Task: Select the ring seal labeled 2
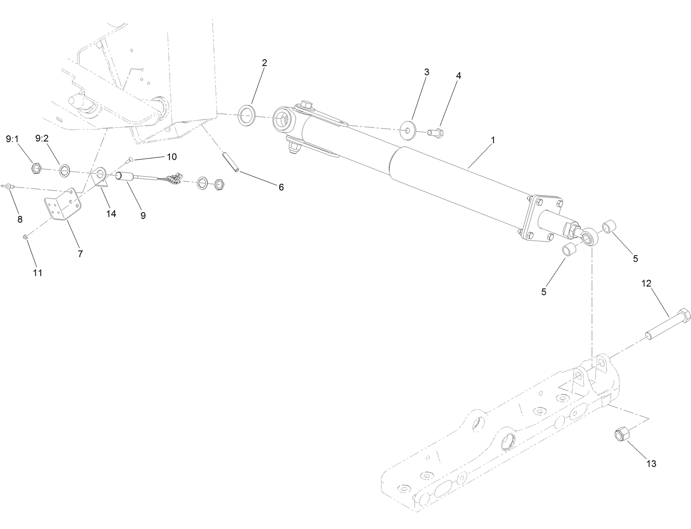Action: point(247,115)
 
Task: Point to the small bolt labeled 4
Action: point(435,132)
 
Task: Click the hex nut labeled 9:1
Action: point(36,169)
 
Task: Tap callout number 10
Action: point(171,157)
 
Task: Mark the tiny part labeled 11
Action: point(25,237)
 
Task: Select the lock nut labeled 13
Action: point(620,434)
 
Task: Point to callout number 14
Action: point(111,214)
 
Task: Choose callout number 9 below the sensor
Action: point(143,215)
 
